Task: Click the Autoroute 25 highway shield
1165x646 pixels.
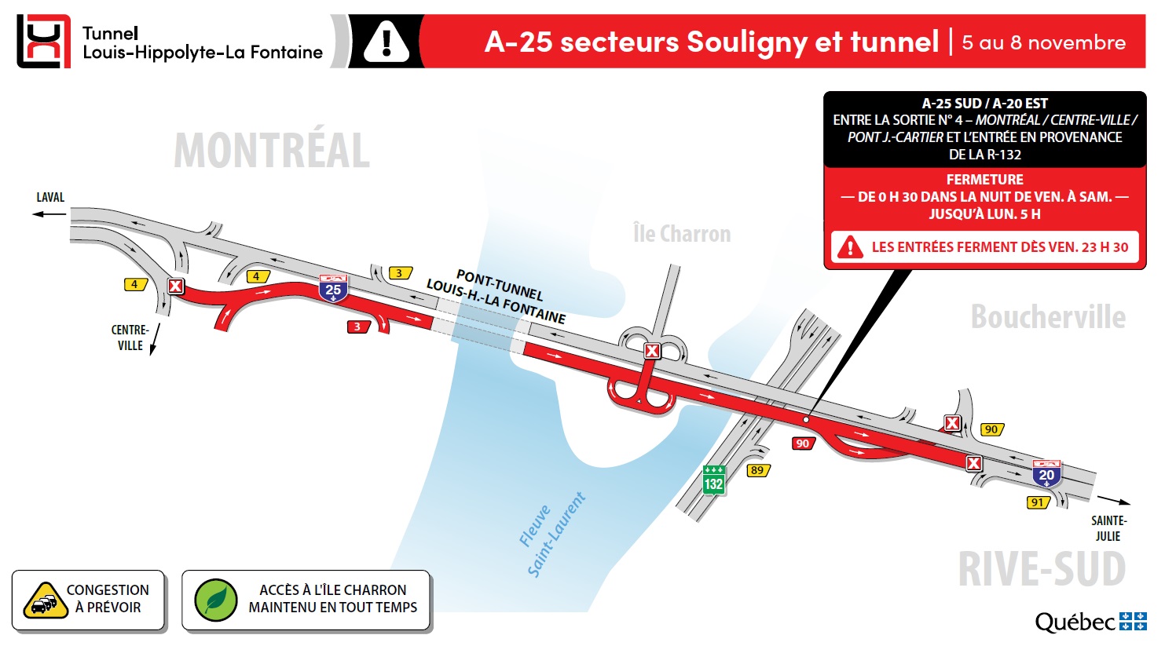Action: pyautogui.click(x=333, y=288)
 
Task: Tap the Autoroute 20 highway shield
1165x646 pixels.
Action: pyautogui.click(x=1046, y=473)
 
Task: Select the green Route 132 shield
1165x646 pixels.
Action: pyautogui.click(x=713, y=480)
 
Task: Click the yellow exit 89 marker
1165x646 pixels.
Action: pyautogui.click(x=757, y=470)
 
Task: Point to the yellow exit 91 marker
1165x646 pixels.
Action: pyautogui.click(x=1038, y=502)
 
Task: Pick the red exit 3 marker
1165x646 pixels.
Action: pyautogui.click(x=357, y=327)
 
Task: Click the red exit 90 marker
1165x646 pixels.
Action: pyautogui.click(x=803, y=443)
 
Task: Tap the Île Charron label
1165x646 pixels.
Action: pyautogui.click(x=681, y=234)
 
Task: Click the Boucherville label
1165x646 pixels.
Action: pyautogui.click(x=1048, y=317)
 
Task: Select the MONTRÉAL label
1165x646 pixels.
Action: pyautogui.click(x=272, y=151)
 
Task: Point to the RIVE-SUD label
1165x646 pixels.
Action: pyautogui.click(x=1042, y=569)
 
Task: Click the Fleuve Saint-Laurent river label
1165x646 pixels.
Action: pyautogui.click(x=552, y=535)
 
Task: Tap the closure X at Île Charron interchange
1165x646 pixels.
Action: pyautogui.click(x=651, y=351)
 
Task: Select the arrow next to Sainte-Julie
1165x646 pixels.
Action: pyautogui.click(x=1113, y=500)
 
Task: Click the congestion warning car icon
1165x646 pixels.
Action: pyautogui.click(x=45, y=601)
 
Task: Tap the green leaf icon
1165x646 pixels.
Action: pyautogui.click(x=216, y=600)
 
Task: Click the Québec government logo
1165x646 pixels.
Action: pyautogui.click(x=1090, y=622)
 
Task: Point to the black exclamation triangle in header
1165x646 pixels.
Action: pyautogui.click(x=386, y=41)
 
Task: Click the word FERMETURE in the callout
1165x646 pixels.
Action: pyautogui.click(x=984, y=180)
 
